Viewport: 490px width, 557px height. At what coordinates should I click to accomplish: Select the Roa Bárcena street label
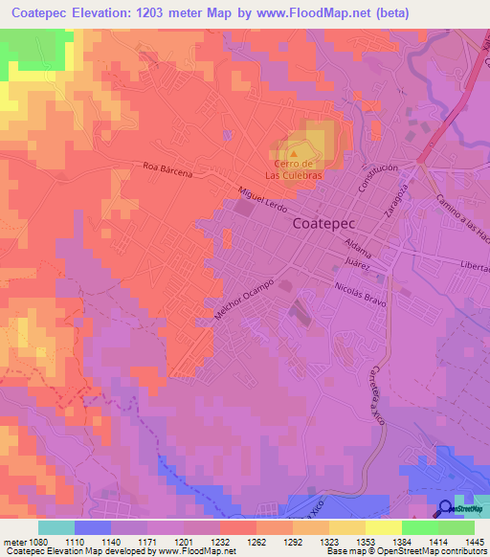(167, 172)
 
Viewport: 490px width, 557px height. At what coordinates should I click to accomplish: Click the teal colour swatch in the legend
(56, 527)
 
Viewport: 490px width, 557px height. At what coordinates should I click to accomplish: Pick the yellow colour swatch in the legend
(384, 527)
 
